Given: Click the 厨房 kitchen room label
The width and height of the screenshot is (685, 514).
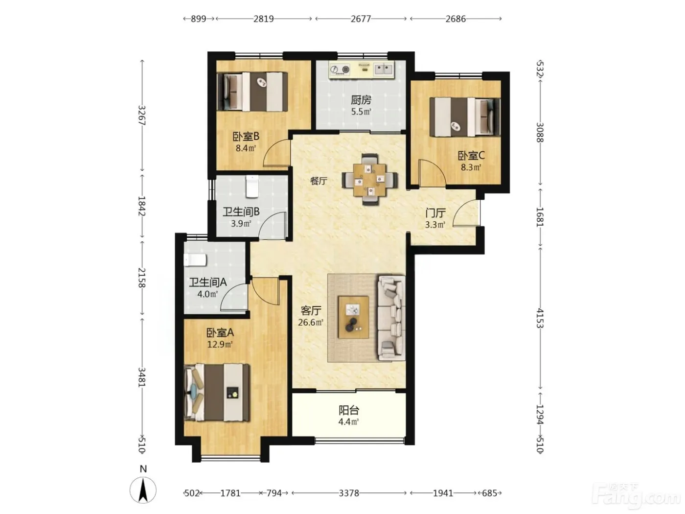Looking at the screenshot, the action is click(x=361, y=100).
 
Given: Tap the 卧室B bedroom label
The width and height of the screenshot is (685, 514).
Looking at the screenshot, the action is click(x=246, y=137).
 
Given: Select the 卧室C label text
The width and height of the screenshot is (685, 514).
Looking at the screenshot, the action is click(x=471, y=155).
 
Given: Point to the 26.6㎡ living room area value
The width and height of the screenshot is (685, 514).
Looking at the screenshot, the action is click(x=311, y=322).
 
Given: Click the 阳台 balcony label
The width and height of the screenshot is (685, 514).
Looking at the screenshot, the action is click(x=349, y=410).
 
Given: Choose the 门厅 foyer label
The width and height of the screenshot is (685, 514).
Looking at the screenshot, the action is click(x=435, y=213).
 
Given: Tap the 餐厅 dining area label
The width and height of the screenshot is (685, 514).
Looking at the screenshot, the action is click(x=319, y=181).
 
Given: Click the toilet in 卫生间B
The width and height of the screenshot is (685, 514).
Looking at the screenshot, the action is click(x=252, y=187).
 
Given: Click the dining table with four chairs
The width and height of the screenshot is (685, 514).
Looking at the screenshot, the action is click(x=369, y=180).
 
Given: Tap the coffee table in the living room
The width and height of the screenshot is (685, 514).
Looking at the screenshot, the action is click(x=354, y=317).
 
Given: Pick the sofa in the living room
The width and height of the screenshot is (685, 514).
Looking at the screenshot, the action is click(x=391, y=318).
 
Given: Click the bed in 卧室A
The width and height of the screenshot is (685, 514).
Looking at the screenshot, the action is click(x=217, y=392).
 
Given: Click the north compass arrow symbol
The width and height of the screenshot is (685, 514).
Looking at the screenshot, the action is click(x=143, y=491).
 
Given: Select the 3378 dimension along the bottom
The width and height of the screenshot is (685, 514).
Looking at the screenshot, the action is click(x=349, y=493).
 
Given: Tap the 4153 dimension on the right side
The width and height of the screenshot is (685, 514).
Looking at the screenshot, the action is click(x=540, y=318).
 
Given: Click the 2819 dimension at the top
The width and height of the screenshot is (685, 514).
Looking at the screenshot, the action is click(x=263, y=19).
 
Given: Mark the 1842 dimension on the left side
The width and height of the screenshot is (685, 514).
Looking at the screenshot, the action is click(x=142, y=206).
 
